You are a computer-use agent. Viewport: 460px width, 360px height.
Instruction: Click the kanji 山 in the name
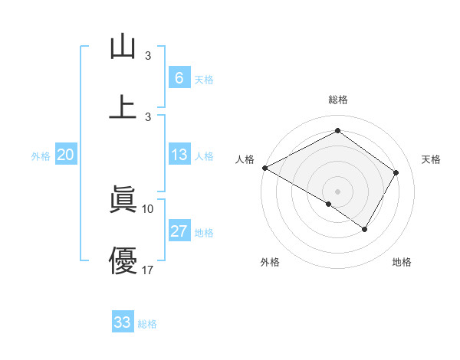click(123, 47)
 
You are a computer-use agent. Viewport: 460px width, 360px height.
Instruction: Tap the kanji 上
click(123, 106)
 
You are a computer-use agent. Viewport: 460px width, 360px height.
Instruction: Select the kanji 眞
click(123, 200)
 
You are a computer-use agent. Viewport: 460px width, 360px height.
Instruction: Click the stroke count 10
click(148, 208)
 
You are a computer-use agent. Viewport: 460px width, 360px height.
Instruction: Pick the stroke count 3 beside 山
click(148, 56)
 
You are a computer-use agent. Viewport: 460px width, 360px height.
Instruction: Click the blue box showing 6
click(179, 77)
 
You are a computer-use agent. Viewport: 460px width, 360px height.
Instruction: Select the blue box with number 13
click(179, 155)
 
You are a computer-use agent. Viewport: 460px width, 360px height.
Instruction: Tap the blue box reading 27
click(179, 231)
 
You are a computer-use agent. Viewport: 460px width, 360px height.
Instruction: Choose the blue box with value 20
click(66, 155)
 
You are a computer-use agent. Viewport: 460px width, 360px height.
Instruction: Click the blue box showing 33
click(123, 322)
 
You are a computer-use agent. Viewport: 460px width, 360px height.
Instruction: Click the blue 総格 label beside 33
click(147, 324)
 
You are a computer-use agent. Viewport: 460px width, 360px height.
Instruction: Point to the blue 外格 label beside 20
click(41, 156)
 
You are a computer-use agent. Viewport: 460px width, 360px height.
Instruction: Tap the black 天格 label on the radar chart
click(431, 159)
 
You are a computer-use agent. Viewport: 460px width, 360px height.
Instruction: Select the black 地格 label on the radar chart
click(402, 263)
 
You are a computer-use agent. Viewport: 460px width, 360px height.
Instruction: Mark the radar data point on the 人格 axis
click(264, 168)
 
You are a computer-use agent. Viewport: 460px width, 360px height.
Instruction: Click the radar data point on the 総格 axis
click(337, 131)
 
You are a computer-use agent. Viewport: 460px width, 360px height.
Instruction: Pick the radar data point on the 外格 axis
click(329, 204)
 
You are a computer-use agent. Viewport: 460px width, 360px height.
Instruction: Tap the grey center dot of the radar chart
click(337, 191)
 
